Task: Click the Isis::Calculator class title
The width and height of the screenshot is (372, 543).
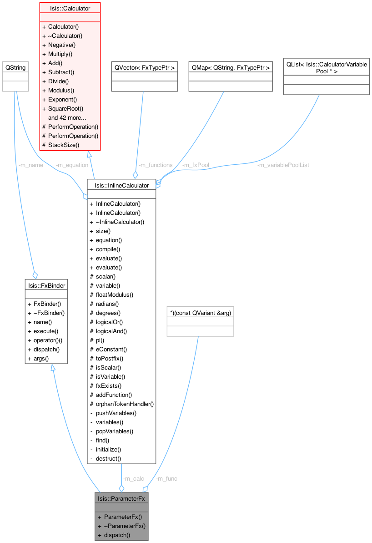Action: [x=70, y=8]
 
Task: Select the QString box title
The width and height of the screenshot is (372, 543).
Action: [x=15, y=67]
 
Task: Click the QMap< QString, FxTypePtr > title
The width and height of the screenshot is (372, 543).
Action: [x=231, y=67]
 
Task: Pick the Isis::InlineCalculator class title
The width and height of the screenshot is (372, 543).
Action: [x=121, y=185]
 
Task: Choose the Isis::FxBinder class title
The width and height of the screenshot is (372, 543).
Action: [x=46, y=285]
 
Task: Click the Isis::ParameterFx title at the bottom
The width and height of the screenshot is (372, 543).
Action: [x=122, y=498]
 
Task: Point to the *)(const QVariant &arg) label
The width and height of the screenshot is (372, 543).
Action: [x=201, y=313]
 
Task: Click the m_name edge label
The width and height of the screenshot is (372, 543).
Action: [x=31, y=165]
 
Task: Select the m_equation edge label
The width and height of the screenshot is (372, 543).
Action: [x=71, y=165]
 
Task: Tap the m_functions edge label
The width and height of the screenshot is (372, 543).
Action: [x=155, y=165]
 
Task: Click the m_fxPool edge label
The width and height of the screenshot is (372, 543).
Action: [x=195, y=165]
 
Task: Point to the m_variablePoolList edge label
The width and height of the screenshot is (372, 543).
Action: [x=283, y=165]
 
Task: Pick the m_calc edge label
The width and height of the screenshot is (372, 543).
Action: [x=133, y=478]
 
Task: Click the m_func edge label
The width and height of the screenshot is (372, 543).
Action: [x=166, y=478]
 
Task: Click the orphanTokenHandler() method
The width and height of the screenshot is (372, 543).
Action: [x=125, y=404]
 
